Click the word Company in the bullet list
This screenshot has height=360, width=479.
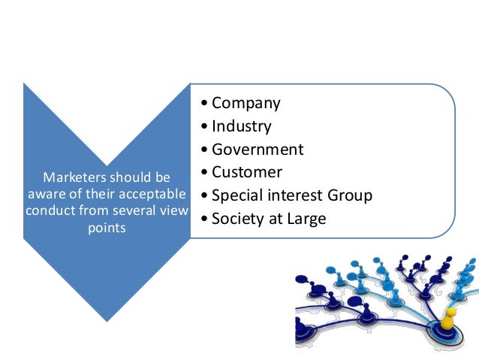tap(246, 104)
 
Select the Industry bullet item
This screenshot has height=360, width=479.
tap(242, 126)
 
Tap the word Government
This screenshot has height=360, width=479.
tap(258, 150)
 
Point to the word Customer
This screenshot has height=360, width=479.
tap(247, 172)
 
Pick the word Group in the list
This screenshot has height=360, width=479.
tap(349, 195)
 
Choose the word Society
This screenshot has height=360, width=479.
tap(237, 219)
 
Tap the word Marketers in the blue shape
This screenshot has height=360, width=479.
tap(74, 178)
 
